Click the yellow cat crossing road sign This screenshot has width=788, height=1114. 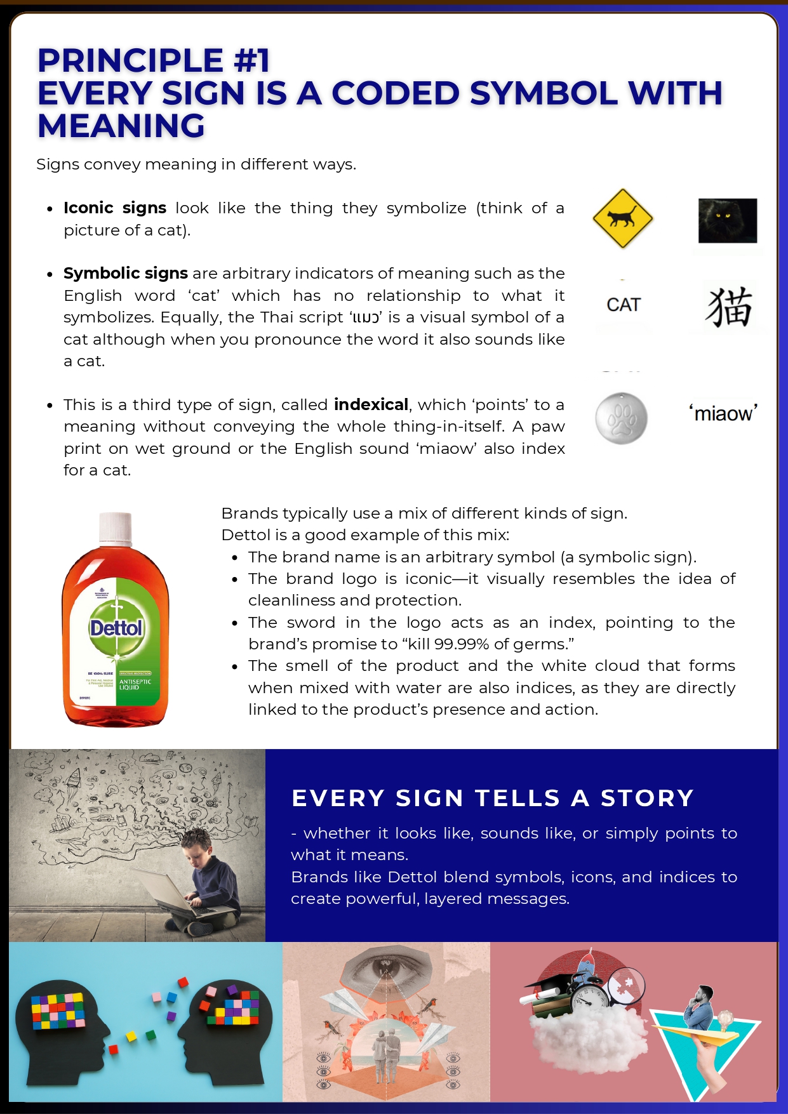click(622, 218)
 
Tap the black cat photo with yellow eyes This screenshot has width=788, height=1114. click(727, 220)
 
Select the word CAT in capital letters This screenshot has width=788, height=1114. click(624, 305)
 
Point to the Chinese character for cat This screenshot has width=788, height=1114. click(729, 307)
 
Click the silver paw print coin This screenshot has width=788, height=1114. click(621, 418)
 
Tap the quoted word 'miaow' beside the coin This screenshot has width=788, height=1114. click(723, 413)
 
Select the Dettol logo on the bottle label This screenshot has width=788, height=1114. click(116, 628)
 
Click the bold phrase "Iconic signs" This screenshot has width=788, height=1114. click(115, 208)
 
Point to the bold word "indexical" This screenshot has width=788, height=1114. click(371, 404)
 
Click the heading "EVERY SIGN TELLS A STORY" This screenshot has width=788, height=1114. click(492, 798)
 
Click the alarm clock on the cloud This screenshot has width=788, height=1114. click(588, 998)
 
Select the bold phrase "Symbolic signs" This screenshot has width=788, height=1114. click(126, 273)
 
